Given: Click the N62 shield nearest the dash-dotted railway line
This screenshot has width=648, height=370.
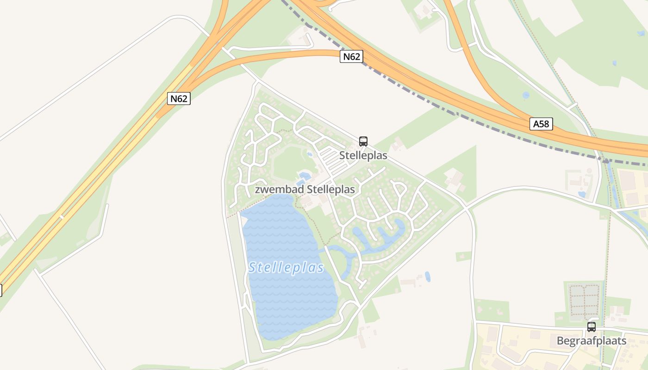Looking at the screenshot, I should pyautogui.click(x=351, y=57).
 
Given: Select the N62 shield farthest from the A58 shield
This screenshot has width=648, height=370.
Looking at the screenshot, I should pyautogui.click(x=179, y=99).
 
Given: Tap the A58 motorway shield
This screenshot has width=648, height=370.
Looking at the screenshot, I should pyautogui.click(x=541, y=124).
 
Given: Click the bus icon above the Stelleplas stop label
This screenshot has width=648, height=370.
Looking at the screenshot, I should pyautogui.click(x=363, y=142).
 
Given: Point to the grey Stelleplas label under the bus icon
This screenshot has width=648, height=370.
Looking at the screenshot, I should pyautogui.click(x=363, y=155).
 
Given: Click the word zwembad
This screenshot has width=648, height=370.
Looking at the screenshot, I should pyautogui.click(x=276, y=190).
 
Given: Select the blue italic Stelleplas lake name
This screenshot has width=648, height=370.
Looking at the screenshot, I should pyautogui.click(x=286, y=268).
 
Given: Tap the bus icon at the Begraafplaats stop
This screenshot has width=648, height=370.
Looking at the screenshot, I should pyautogui.click(x=591, y=327).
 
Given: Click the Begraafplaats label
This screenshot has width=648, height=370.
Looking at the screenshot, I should pyautogui.click(x=591, y=341).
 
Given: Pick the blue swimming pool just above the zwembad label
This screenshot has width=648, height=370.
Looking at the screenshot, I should pyautogui.click(x=305, y=176).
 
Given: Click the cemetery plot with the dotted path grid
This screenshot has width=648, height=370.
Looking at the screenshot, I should pyautogui.click(x=584, y=296).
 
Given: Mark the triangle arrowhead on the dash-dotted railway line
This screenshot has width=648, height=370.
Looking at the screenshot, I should pyautogui.click(x=605, y=160).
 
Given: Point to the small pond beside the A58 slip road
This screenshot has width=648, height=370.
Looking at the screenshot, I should pyautogui.click(x=526, y=95).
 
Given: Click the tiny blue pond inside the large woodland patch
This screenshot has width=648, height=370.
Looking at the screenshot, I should pyautogui.click(x=614, y=63).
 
